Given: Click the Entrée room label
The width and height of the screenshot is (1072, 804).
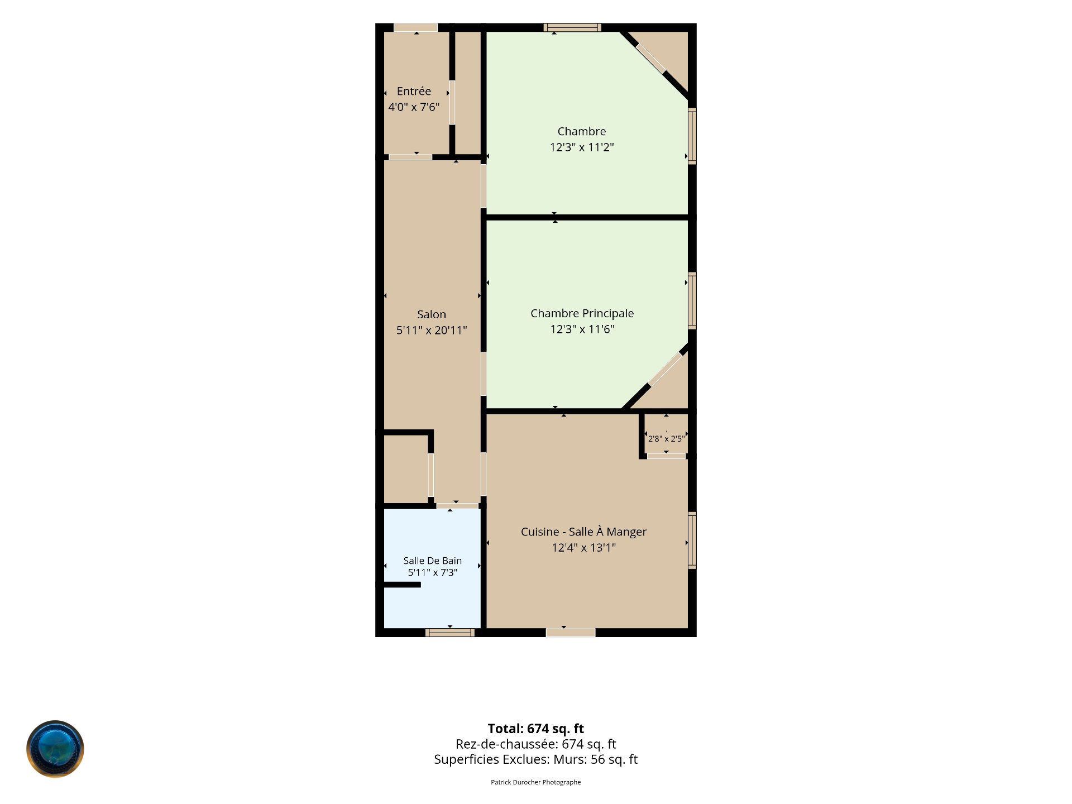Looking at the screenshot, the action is [414, 91].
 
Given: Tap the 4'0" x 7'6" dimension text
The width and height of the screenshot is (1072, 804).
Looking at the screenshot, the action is [414, 107].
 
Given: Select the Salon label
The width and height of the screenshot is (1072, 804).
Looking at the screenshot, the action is [432, 314].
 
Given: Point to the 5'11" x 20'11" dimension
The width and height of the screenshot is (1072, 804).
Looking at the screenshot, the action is [432, 330].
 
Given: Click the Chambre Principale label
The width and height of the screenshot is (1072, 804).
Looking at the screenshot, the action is [582, 313].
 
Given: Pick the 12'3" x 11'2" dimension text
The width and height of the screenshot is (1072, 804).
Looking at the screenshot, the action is [582, 147].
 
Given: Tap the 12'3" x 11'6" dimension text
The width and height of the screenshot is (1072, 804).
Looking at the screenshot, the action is [582, 329].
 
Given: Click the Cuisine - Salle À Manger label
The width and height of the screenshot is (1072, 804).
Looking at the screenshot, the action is [583, 532].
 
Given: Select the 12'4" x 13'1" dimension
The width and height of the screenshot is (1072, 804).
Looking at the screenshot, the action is [583, 547].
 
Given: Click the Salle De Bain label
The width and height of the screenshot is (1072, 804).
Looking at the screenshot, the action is [433, 561].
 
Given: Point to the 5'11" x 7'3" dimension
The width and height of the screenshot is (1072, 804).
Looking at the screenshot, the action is [433, 572].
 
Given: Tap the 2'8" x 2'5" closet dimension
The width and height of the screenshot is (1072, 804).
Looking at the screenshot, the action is [666, 439].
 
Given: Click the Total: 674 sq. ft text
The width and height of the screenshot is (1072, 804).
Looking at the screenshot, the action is [536, 729].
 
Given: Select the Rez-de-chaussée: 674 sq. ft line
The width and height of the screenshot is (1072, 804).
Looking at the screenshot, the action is [536, 744].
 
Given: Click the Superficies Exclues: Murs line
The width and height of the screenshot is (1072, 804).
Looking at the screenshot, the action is [536, 759].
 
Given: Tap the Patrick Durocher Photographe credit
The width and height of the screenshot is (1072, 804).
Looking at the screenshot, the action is [536, 782].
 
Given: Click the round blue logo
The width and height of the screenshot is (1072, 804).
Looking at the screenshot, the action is [55, 749].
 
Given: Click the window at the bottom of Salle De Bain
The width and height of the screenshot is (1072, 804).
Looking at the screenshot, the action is [450, 633].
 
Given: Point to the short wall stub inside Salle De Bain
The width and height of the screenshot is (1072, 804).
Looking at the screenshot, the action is [402, 585].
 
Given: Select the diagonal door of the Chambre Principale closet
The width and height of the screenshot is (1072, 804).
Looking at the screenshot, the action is [666, 369].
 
